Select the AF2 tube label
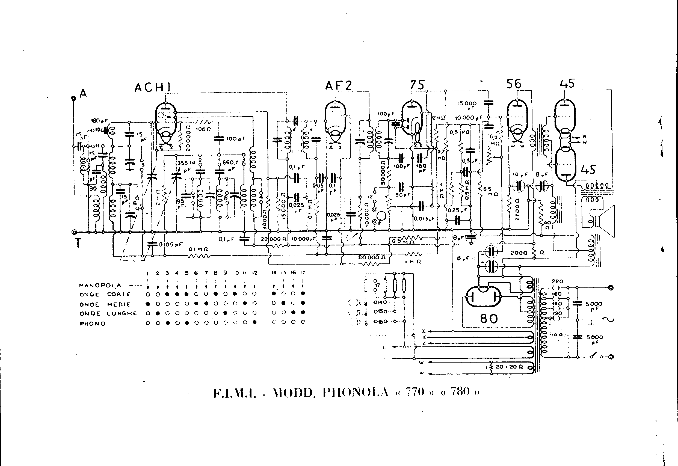pyautogui.click(x=338, y=86)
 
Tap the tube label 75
pyautogui.click(x=417, y=85)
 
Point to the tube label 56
pyautogui.click(x=514, y=84)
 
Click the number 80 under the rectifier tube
pyautogui.click(x=489, y=319)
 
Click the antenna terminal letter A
pyautogui.click(x=83, y=93)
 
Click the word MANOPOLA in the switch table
pyautogui.click(x=100, y=285)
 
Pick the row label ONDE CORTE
pyautogui.click(x=105, y=294)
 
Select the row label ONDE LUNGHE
pyautogui.click(x=108, y=314)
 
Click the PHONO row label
pyautogui.click(x=93, y=324)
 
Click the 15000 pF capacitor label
pyautogui.click(x=467, y=105)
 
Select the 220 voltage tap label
pyautogui.click(x=557, y=282)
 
